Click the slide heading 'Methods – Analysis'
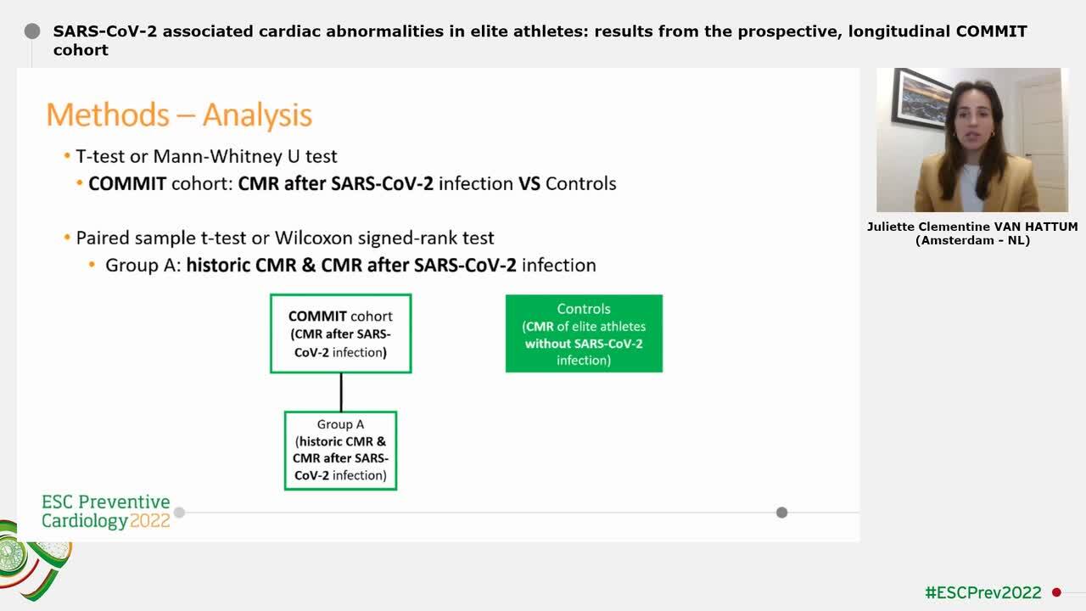(x=179, y=115)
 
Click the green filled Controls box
(x=584, y=334)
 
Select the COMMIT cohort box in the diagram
(x=340, y=334)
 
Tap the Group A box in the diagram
(x=340, y=451)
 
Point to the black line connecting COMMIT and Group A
(x=341, y=392)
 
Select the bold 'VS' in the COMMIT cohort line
(x=529, y=183)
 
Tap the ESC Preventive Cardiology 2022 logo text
(x=106, y=512)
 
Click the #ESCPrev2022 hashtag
(x=982, y=592)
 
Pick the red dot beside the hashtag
(x=1056, y=592)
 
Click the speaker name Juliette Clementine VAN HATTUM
(x=972, y=227)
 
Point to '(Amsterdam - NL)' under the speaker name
(x=972, y=240)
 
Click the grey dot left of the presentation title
(x=32, y=31)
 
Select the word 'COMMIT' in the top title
(x=991, y=31)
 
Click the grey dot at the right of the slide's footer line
(x=781, y=513)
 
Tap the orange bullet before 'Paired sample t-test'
(x=67, y=238)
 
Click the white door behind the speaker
(x=1042, y=140)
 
